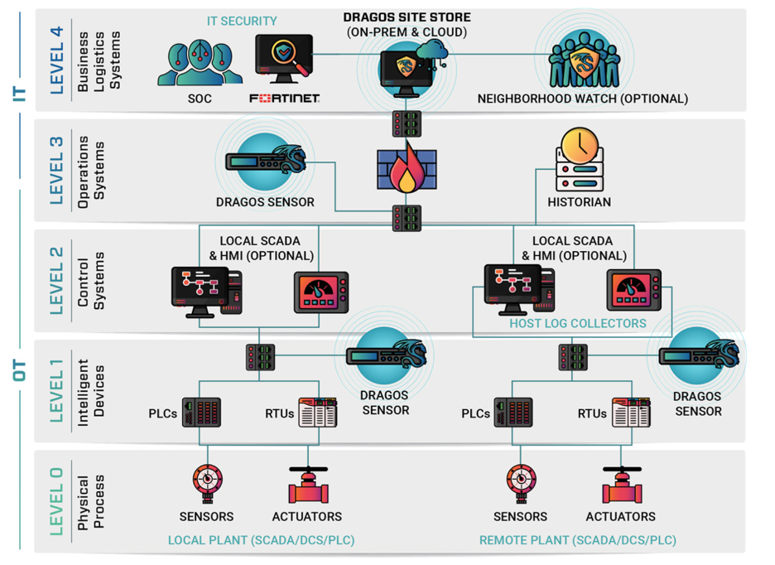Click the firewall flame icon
[406, 172]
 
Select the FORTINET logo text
[284, 99]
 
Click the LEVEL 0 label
[56, 500]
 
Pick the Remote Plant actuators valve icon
[622, 485]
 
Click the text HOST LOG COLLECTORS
[577, 323]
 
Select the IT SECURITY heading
[241, 21]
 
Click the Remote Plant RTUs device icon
[631, 412]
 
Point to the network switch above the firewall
[406, 124]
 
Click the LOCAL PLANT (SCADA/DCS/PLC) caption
[261, 540]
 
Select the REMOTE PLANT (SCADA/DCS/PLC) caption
[577, 540]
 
